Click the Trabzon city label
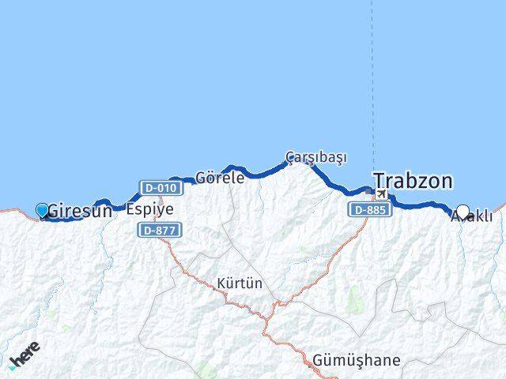[413, 181]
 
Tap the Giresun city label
[79, 211]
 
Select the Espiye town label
[149, 209]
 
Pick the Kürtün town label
[240, 282]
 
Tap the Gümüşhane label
[357, 360]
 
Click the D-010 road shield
[159, 188]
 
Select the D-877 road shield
[160, 230]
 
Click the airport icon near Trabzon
[381, 194]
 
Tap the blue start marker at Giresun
[42, 210]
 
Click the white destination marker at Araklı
[463, 212]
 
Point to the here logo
[25, 356]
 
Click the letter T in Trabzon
[379, 181]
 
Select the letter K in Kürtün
[221, 282]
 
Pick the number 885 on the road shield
[374, 210]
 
